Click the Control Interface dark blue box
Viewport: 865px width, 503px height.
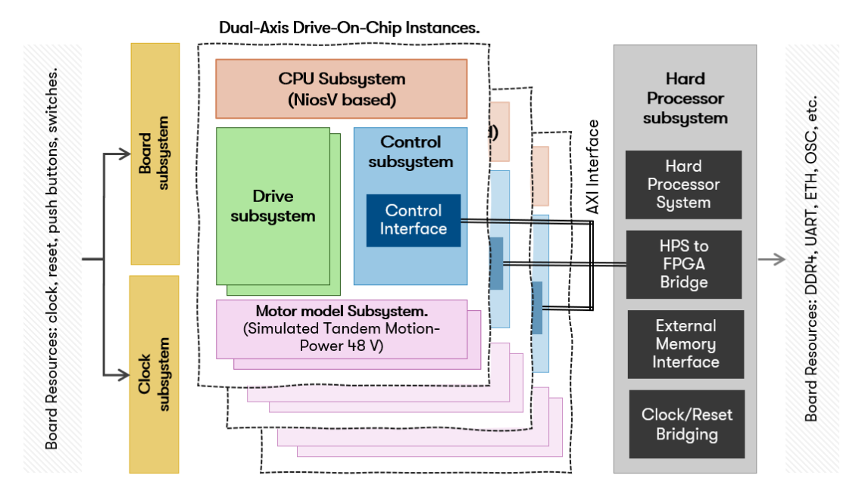tap(413, 220)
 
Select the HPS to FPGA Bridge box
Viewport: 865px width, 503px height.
tap(683, 264)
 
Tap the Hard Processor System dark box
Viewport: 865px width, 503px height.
tap(683, 185)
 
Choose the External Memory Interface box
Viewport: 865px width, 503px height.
tap(685, 344)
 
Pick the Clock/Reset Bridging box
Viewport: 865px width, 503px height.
tap(687, 424)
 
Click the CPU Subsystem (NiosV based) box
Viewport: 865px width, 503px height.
tap(342, 88)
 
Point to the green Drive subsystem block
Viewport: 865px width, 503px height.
tap(273, 206)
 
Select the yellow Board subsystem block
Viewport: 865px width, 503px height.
tap(155, 153)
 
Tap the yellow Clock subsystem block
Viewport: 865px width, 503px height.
tap(155, 374)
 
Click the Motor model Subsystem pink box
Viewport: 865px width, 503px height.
tap(342, 329)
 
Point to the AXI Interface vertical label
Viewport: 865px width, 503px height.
tap(594, 166)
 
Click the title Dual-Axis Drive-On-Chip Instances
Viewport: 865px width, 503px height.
tap(350, 28)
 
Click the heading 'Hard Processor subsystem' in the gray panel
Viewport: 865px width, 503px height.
tap(685, 98)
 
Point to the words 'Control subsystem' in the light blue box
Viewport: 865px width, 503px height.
tap(411, 151)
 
